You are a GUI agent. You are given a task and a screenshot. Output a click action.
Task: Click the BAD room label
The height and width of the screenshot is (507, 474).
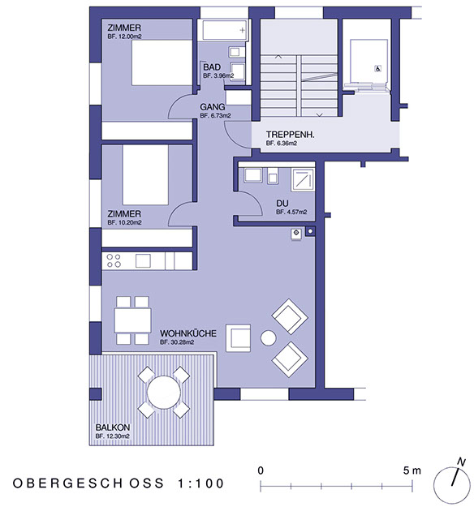point(212,67)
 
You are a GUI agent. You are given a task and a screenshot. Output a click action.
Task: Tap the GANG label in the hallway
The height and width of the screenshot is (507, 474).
point(213,107)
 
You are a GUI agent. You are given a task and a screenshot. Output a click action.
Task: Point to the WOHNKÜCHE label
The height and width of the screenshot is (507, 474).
point(187,333)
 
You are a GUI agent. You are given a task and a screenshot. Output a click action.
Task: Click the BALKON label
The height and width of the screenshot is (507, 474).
point(111,428)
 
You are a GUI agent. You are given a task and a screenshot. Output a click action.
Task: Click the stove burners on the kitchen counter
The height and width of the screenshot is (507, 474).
point(114,260)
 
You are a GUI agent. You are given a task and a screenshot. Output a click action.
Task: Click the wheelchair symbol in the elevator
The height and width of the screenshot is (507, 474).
point(377,70)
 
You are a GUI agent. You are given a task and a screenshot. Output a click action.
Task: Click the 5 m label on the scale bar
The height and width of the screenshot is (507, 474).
point(412,470)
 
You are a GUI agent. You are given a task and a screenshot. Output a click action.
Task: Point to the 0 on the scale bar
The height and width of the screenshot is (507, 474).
point(261,470)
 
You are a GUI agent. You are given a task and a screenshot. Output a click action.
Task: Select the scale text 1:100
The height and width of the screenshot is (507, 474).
point(200,483)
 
